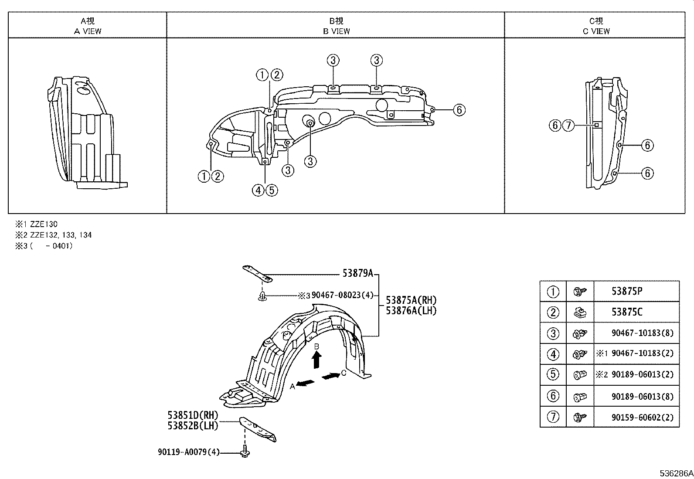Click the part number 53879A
(x=357, y=273)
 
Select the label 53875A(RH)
(x=411, y=300)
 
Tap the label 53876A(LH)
(x=411, y=310)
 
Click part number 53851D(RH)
(x=193, y=415)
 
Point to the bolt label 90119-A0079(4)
(x=189, y=452)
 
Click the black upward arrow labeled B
(x=317, y=360)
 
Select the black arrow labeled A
(x=306, y=383)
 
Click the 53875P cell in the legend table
(x=627, y=292)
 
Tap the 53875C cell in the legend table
(x=627, y=312)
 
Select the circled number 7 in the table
(x=553, y=417)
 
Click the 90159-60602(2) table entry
(x=642, y=418)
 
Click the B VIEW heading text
(x=336, y=31)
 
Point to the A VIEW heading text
(x=88, y=31)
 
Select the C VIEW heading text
(x=596, y=31)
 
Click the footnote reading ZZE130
(x=44, y=224)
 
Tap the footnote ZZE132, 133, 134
(x=61, y=235)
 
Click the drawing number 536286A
(x=676, y=473)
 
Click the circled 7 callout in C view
(x=568, y=126)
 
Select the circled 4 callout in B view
(x=258, y=190)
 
